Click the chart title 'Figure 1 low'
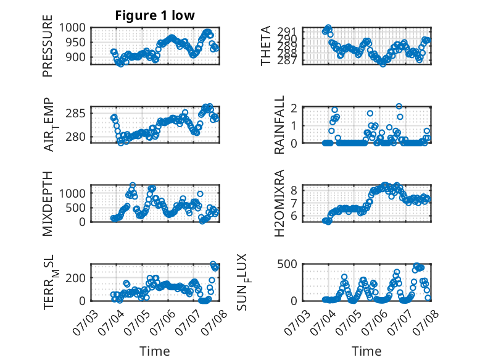pyautogui.click(x=155, y=15)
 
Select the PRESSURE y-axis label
pyautogui.click(x=48, y=46)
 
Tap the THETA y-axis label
pyautogui.click(x=266, y=46)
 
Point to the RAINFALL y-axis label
pyautogui.click(x=279, y=125)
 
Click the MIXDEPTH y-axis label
pyautogui.click(x=48, y=204)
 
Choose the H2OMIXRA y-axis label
pyautogui.click(x=279, y=203)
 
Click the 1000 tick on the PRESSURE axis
pyautogui.click(x=72, y=28)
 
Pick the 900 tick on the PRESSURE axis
pyautogui.click(x=76, y=57)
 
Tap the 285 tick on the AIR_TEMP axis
pyautogui.click(x=76, y=114)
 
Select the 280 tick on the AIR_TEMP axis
pyautogui.click(x=76, y=136)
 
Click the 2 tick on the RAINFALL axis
pyautogui.click(x=294, y=108)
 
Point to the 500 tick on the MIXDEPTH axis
pyautogui.click(x=76, y=207)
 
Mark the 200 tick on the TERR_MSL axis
pyautogui.click(x=76, y=278)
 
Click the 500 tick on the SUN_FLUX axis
pyautogui.click(x=288, y=264)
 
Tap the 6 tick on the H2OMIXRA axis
pyautogui.click(x=294, y=216)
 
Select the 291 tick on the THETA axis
pyautogui.click(x=288, y=31)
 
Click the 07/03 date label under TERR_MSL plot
pyautogui.click(x=86, y=322)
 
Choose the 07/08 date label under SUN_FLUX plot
pyautogui.click(x=426, y=322)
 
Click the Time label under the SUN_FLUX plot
pyautogui.click(x=366, y=351)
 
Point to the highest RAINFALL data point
pyautogui.click(x=399, y=106)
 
